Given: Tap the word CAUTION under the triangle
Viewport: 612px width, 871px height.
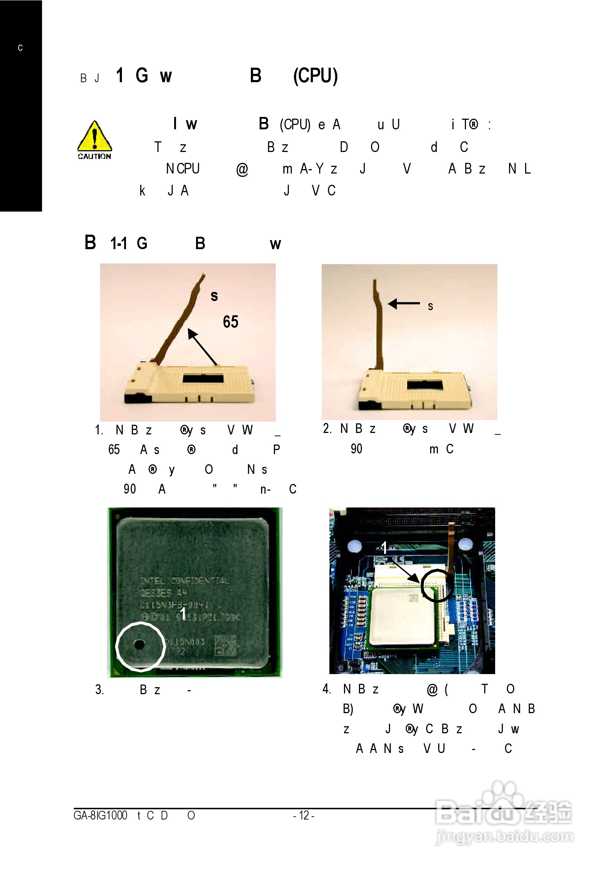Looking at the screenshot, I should [x=95, y=156].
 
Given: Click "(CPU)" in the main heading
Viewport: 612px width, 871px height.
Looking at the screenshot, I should [x=315, y=76].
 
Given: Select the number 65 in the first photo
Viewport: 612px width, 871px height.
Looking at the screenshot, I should [x=230, y=322].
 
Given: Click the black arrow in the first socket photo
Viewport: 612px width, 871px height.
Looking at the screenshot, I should [x=202, y=347].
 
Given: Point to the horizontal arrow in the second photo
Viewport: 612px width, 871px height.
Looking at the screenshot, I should [x=404, y=304].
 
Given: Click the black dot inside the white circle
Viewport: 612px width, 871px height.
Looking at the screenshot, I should [x=139, y=644].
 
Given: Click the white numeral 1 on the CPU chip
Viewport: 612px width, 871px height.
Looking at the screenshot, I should [x=183, y=614].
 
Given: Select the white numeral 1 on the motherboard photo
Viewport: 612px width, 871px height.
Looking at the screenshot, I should [x=384, y=548].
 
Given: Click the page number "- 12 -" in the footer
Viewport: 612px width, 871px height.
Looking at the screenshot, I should [x=303, y=815].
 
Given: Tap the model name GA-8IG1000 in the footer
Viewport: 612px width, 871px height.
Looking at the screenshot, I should [x=100, y=815].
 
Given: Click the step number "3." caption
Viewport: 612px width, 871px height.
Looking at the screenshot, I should [x=99, y=689].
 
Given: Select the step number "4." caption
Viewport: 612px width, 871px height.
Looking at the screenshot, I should [x=326, y=689].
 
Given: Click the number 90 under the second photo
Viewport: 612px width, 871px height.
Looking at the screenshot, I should [x=356, y=449].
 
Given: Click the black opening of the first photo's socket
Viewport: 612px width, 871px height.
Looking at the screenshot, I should [x=203, y=378].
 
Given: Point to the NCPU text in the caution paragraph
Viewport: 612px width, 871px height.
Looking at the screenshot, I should [x=183, y=168].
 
